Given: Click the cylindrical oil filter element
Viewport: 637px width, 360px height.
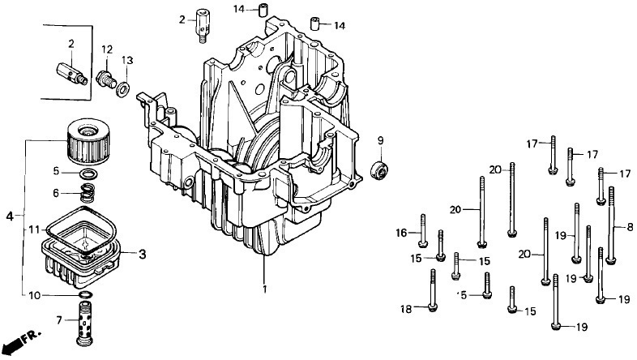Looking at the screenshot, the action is click(x=88, y=141).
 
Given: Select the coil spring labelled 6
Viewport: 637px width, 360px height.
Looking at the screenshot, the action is click(x=87, y=193).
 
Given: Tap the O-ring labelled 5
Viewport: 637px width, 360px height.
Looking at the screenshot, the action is click(x=88, y=174).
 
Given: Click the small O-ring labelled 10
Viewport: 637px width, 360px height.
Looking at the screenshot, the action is click(x=85, y=294).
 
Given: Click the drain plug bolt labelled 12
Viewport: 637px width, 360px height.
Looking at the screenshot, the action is click(x=105, y=79).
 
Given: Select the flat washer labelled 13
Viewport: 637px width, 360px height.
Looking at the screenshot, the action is click(x=123, y=90).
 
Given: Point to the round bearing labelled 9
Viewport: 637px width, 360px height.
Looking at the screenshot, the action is click(x=379, y=169).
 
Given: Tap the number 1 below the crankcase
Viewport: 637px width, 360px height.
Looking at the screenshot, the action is click(x=264, y=289).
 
